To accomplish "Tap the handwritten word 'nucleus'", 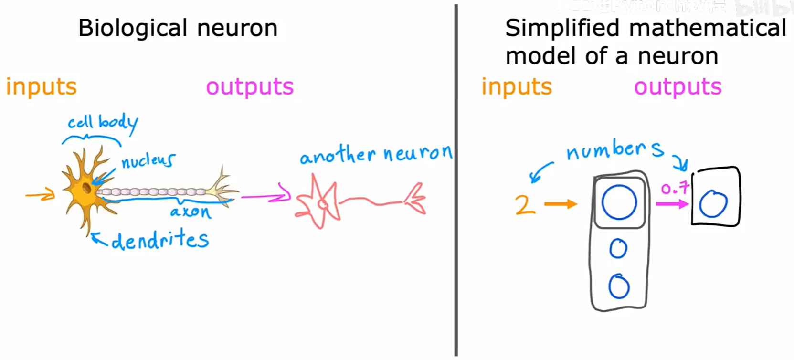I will [148, 160].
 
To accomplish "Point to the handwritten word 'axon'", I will [191, 212].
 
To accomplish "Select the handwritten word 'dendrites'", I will [160, 239].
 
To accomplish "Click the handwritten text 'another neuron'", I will [375, 154].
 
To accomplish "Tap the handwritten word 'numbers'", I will [614, 150].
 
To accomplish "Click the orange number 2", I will [525, 205].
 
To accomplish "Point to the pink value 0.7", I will [675, 188].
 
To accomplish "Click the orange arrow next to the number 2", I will [561, 204].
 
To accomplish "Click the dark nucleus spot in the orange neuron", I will [86, 188].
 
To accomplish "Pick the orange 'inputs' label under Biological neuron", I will [41, 87].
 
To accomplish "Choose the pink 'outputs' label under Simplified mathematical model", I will [678, 87].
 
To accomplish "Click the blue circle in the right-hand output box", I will [713, 203].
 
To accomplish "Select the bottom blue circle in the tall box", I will [619, 286].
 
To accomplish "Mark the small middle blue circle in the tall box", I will [618, 248].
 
